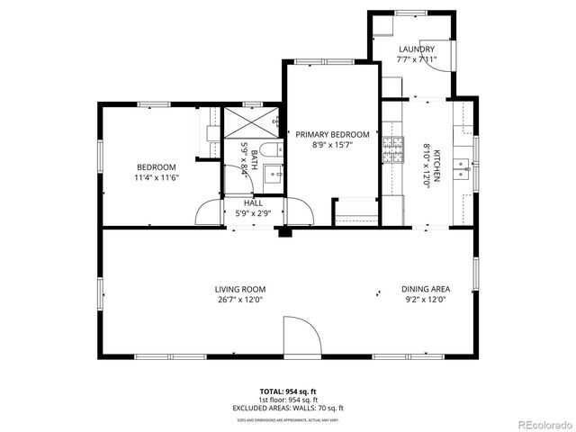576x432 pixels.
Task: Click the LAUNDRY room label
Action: click(416, 49)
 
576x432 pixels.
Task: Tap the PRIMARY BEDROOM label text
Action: click(332, 133)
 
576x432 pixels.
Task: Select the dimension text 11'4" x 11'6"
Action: click(157, 178)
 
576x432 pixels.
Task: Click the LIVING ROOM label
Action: click(239, 290)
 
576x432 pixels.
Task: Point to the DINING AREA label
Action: click(426, 290)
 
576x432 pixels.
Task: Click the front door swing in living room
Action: click(301, 337)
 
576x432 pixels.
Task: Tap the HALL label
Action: click(253, 203)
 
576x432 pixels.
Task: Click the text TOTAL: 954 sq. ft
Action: click(287, 391)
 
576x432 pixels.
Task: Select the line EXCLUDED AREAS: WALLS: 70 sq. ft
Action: click(287, 407)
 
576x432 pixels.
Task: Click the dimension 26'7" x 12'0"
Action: click(239, 301)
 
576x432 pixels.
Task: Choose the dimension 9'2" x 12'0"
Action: click(426, 301)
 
